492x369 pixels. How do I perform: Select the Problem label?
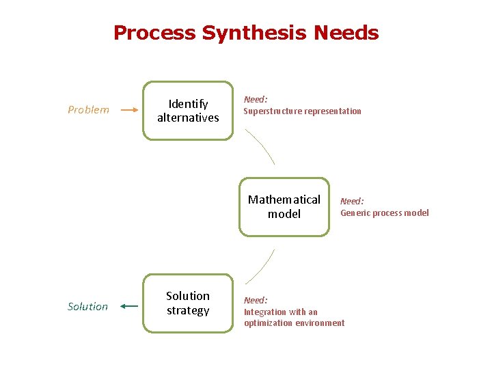point(88,109)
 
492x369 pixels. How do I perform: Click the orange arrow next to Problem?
point(129,109)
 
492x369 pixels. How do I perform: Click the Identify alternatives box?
point(188,111)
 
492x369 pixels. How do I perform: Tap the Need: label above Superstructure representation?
point(256,100)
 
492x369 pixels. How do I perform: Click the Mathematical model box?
point(284,207)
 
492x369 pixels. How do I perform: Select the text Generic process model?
point(385,213)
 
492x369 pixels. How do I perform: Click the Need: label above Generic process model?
point(352,201)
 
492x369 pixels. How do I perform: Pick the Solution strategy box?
point(188,303)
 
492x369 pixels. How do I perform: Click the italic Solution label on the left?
point(87,306)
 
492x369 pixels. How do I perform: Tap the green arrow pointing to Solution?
point(128,306)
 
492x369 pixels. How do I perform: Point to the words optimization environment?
point(295,323)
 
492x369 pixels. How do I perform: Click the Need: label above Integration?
point(256,300)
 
